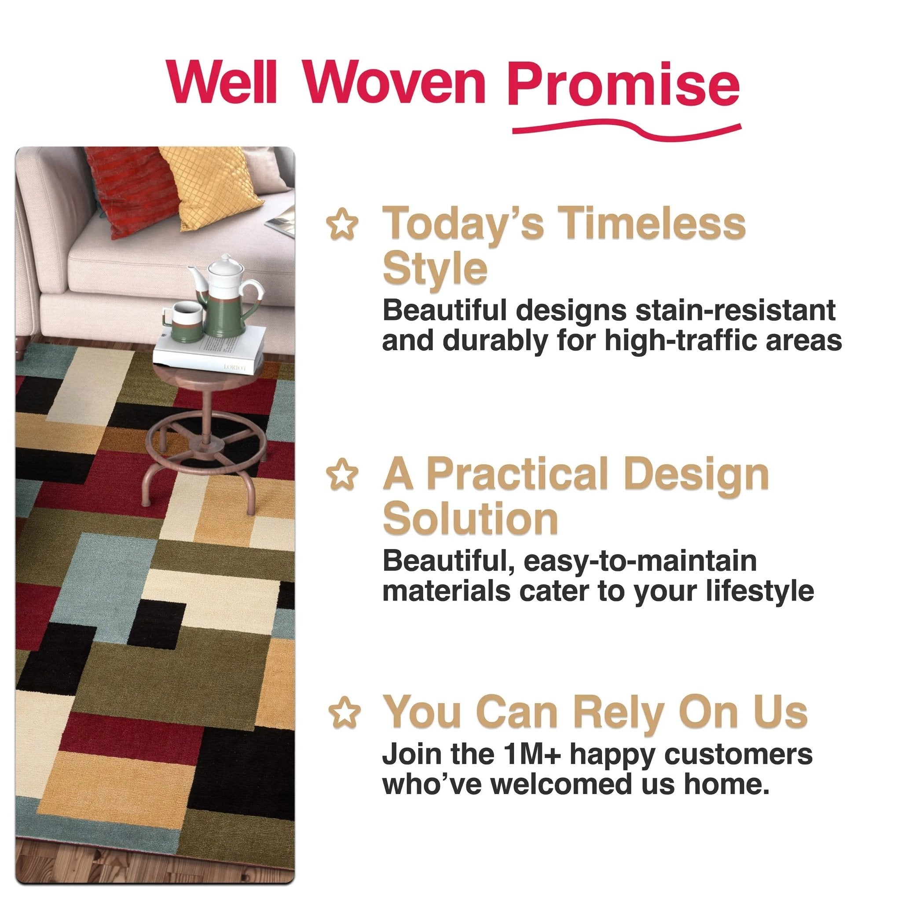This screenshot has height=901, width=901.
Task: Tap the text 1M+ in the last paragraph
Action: point(529,754)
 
